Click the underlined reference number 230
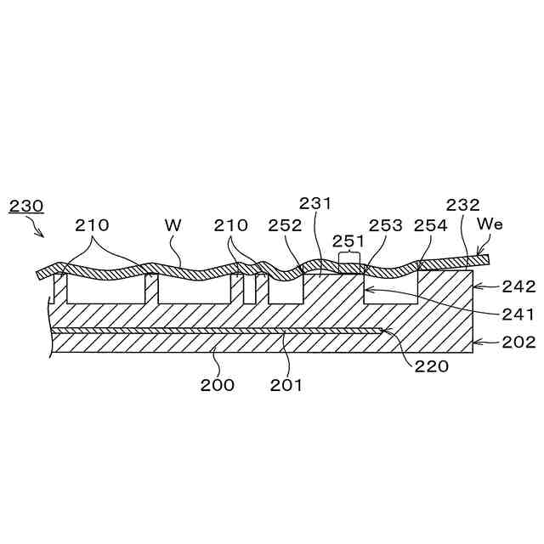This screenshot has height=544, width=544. (x=25, y=206)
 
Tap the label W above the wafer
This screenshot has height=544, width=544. (x=173, y=225)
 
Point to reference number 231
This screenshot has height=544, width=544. (x=315, y=203)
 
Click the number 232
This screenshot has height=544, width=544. (x=462, y=205)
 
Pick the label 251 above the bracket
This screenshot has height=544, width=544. (x=348, y=241)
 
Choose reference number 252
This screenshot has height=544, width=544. (x=285, y=225)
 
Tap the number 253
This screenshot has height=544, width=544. (x=386, y=225)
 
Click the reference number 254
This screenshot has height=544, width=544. (x=431, y=225)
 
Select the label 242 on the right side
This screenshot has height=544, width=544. (x=519, y=286)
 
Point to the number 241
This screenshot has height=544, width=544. (x=519, y=314)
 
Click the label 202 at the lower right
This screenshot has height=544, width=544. (x=519, y=343)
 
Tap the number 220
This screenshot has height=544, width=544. (x=432, y=367)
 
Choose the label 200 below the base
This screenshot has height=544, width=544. (x=218, y=384)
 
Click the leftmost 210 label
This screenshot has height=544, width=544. (x=92, y=225)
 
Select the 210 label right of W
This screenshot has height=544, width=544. (x=231, y=225)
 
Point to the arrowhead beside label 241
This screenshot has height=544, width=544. (x=368, y=291)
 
